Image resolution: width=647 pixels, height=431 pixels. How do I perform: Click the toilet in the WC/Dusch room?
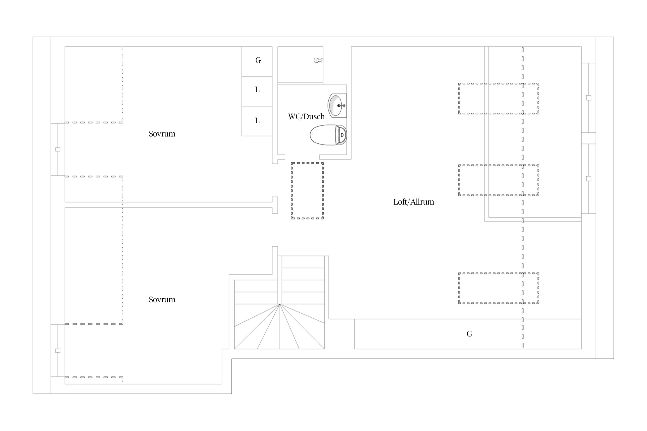[x=328, y=135]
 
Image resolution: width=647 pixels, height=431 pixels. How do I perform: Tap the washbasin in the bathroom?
[x=337, y=105]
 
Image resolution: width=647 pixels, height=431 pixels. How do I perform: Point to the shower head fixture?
[x=318, y=60]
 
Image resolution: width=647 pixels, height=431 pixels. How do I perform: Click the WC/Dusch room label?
[x=306, y=116]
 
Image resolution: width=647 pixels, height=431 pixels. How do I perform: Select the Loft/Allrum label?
[x=414, y=202]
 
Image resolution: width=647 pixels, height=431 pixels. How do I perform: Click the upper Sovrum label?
[x=162, y=134]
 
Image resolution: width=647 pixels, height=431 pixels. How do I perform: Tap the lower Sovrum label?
[x=162, y=299]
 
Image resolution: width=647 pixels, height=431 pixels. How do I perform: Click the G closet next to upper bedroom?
[x=257, y=61]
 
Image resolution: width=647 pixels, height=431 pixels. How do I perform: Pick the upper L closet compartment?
[x=257, y=91]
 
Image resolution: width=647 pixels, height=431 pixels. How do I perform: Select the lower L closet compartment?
[x=257, y=121]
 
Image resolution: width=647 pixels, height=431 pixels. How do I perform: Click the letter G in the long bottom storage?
[x=469, y=334]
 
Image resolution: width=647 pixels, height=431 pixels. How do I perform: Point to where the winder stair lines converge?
[x=280, y=304]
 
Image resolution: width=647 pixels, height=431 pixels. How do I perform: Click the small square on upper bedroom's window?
[x=58, y=149]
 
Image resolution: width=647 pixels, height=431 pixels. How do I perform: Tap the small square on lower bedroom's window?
[x=58, y=351]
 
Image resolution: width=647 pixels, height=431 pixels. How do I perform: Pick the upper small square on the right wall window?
[x=589, y=98]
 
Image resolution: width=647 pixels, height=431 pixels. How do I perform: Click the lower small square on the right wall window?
[x=589, y=179]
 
